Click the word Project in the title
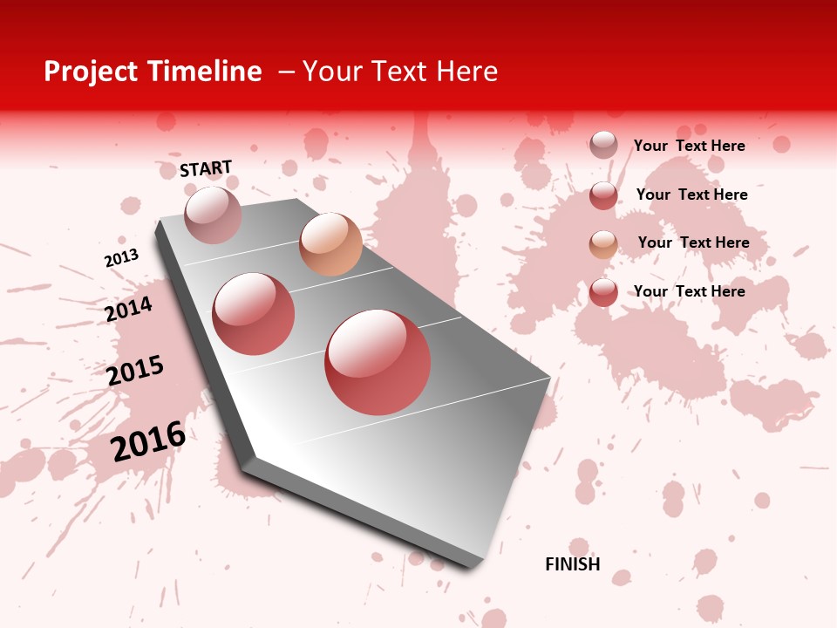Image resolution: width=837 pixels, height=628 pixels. click(x=91, y=72)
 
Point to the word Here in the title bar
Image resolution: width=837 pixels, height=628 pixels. click(x=467, y=72)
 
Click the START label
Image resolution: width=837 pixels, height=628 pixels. click(x=206, y=168)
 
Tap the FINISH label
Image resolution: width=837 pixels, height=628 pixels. click(x=573, y=564)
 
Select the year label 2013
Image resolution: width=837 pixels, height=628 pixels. click(x=121, y=258)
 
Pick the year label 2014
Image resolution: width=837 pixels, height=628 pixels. click(x=128, y=309)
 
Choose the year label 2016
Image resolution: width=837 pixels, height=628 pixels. click(x=148, y=440)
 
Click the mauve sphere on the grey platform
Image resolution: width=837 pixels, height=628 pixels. click(x=213, y=215)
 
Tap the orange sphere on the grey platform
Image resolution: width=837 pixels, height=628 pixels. click(x=330, y=244)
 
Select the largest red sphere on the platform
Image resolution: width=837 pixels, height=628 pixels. click(x=378, y=362)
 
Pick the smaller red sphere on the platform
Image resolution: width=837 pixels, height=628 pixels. click(x=254, y=314)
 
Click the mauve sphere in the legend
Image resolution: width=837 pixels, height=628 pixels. click(x=603, y=145)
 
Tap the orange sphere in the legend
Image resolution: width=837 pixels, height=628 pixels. click(x=603, y=244)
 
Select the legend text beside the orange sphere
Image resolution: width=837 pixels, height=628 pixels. click(x=693, y=242)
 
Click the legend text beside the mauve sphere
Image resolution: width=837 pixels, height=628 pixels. click(x=689, y=146)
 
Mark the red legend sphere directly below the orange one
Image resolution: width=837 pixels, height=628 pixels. click(x=603, y=292)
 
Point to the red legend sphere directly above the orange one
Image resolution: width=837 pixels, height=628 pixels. click(x=603, y=195)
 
